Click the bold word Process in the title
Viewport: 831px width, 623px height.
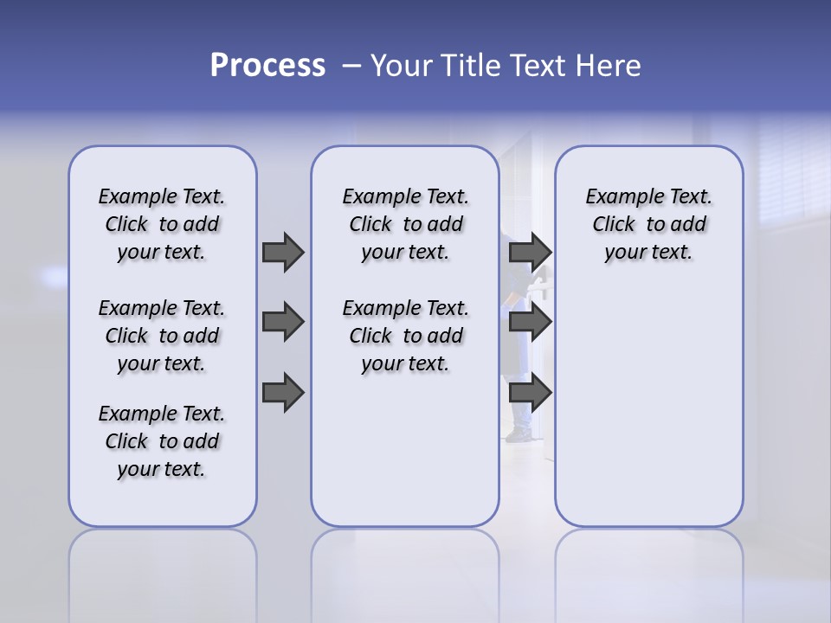click(x=267, y=66)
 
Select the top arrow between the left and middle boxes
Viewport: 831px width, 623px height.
click(x=283, y=252)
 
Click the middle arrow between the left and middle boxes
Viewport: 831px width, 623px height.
click(x=283, y=322)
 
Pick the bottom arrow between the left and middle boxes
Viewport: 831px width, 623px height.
click(x=283, y=393)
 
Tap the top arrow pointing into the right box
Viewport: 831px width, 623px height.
click(x=530, y=252)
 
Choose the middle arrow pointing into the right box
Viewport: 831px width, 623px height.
click(x=530, y=322)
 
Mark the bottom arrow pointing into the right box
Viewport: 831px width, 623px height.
click(x=530, y=393)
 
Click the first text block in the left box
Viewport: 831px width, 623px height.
click(x=162, y=224)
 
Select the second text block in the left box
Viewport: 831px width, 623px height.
click(x=162, y=336)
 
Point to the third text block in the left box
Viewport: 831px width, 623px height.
click(x=162, y=441)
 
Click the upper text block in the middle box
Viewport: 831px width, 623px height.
click(x=405, y=224)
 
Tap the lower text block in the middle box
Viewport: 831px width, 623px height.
click(x=405, y=336)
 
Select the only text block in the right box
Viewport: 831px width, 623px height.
click(x=648, y=224)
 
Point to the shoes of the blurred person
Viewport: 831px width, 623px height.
click(x=520, y=434)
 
